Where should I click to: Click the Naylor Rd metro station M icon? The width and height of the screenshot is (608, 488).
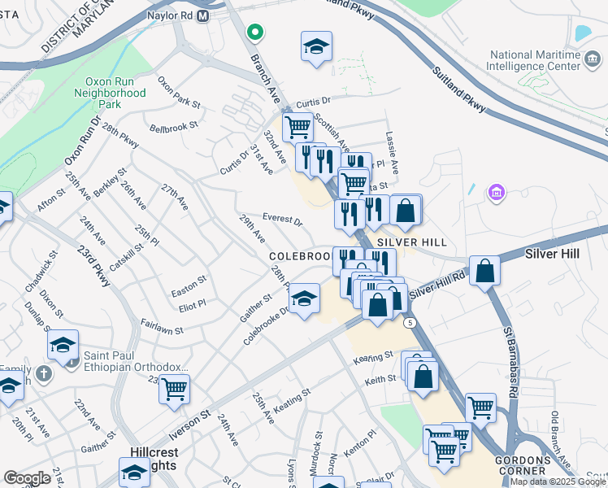point(202,15)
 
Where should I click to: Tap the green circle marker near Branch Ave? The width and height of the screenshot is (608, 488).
point(255,33)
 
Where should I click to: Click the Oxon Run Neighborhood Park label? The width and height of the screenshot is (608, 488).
point(115,94)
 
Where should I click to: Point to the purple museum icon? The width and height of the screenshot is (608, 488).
point(495,194)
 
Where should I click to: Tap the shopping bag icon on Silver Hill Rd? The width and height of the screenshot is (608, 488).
point(484,270)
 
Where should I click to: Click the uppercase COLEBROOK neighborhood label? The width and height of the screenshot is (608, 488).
point(299,255)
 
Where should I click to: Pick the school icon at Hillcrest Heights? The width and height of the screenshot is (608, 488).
point(134,472)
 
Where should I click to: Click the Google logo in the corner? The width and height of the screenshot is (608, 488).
point(27,478)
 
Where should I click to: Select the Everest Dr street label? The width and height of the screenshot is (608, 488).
point(282,220)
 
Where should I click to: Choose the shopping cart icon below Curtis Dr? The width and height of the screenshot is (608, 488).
point(297,127)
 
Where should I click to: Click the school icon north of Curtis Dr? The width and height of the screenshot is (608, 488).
point(316,46)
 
